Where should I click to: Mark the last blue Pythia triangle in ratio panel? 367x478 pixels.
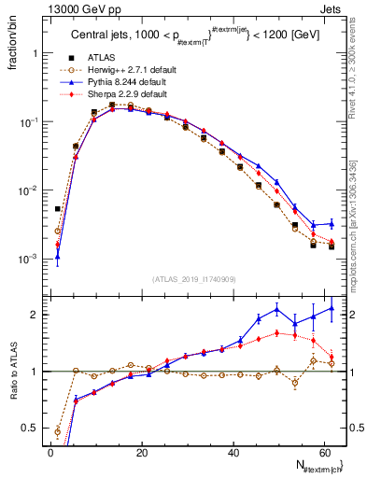(332, 307)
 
